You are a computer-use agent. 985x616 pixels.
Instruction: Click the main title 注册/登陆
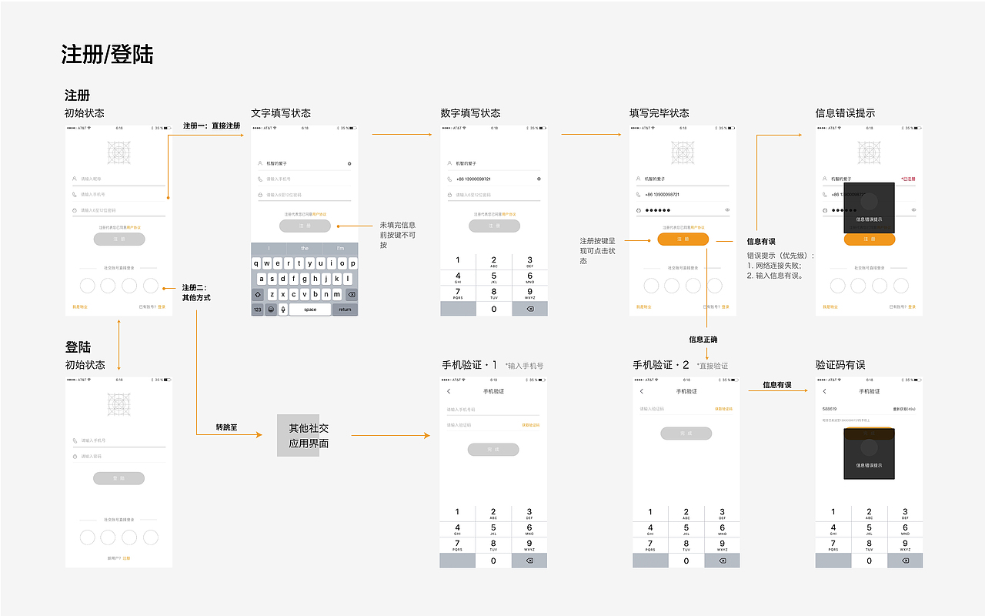(x=107, y=55)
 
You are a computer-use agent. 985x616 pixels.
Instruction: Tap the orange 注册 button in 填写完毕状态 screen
(x=683, y=239)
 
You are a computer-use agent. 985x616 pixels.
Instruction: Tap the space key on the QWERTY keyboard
(x=309, y=310)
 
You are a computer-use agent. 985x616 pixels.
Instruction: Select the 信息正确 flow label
(x=703, y=339)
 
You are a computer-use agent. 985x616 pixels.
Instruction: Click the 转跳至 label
(x=226, y=427)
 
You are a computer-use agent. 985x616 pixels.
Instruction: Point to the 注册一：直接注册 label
(x=212, y=126)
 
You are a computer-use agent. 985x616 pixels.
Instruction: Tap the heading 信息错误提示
(x=845, y=113)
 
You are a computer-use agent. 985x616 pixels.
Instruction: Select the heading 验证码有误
(x=840, y=365)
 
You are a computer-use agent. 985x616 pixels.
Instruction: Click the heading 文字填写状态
(x=281, y=113)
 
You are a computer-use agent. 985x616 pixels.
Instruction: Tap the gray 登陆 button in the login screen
(x=119, y=478)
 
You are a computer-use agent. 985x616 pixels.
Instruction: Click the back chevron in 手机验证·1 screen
(x=449, y=392)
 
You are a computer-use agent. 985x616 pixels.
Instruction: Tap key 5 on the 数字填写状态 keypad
(x=493, y=276)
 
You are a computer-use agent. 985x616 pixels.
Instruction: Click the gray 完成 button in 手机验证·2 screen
(x=686, y=434)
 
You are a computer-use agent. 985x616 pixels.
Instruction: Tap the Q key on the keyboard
(x=257, y=263)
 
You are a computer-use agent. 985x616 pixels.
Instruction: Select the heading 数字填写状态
(x=470, y=113)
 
